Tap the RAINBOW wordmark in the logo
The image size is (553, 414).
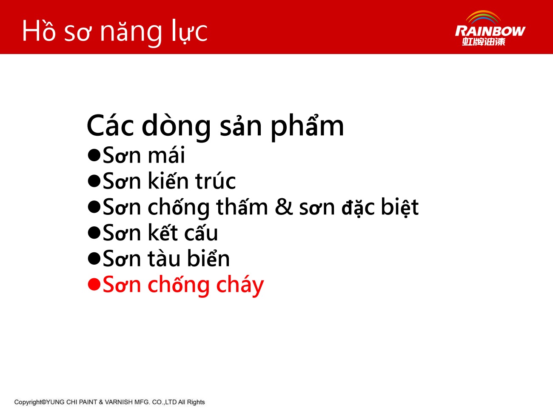click(490, 31)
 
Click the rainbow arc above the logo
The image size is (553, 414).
click(483, 16)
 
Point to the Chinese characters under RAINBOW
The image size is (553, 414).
click(484, 42)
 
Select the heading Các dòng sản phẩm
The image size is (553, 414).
click(215, 126)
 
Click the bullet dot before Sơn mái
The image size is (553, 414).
click(94, 155)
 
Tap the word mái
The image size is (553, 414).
click(166, 155)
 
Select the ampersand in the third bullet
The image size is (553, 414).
click(284, 207)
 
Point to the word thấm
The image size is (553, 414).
click(242, 206)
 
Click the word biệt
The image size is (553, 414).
click(399, 207)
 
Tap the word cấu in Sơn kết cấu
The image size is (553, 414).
click(201, 233)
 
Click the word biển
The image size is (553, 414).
click(208, 258)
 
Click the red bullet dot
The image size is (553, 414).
click(94, 284)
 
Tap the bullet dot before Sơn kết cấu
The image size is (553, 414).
click(94, 233)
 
